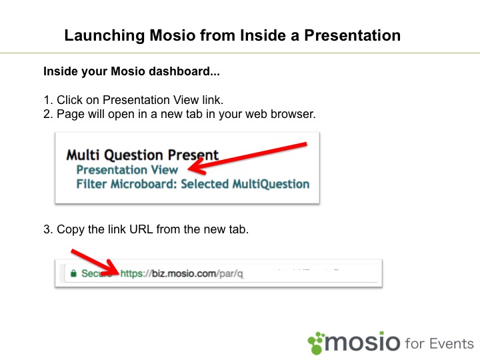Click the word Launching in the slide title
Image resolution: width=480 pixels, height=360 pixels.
[x=104, y=36]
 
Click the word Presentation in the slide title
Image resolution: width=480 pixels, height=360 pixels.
[x=353, y=35]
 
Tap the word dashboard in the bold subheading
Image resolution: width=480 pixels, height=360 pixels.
[x=179, y=71]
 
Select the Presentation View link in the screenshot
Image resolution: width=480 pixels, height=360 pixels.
[x=127, y=169]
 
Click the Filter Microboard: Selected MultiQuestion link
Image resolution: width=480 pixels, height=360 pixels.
[x=193, y=184]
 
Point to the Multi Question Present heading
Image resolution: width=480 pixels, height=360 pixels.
[x=143, y=155]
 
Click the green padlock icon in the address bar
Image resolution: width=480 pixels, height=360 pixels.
[x=73, y=273]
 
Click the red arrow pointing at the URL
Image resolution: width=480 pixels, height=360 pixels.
[x=95, y=262]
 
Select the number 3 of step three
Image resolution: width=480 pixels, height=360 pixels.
[x=47, y=229]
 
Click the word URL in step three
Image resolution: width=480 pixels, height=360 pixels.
[x=141, y=229]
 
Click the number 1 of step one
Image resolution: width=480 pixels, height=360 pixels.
[x=47, y=100]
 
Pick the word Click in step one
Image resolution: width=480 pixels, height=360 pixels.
[x=69, y=100]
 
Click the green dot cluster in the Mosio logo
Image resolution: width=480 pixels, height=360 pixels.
[x=316, y=343]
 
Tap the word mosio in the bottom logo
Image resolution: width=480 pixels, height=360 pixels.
[x=362, y=341]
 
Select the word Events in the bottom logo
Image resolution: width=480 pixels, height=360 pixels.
[x=451, y=343]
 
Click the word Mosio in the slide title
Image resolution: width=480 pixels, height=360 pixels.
[x=173, y=35]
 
